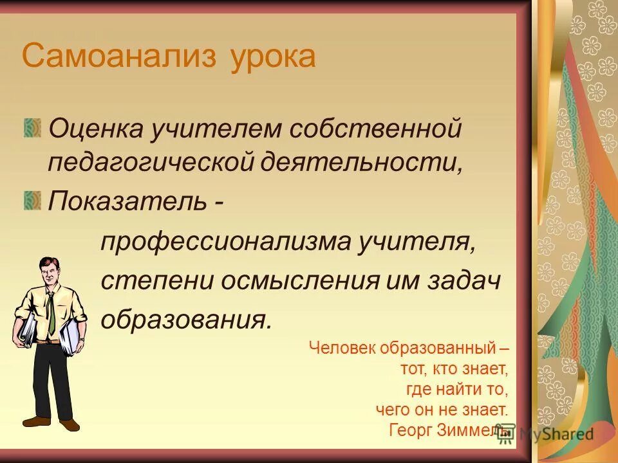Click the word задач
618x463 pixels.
(467, 281)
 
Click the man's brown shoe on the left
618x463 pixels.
(36, 421)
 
